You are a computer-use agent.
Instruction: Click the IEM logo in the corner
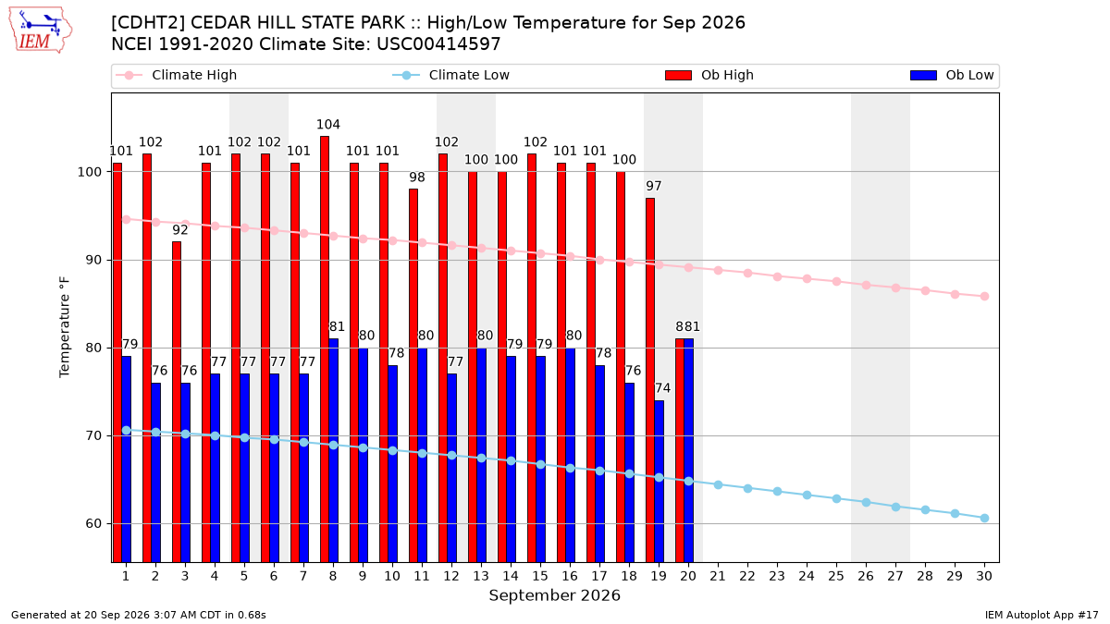(x=40, y=31)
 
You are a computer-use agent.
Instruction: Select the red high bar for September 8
(x=325, y=349)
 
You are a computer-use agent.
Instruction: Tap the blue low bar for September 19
(x=659, y=482)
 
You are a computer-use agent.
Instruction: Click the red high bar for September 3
(x=177, y=401)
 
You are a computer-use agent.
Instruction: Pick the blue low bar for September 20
(x=689, y=451)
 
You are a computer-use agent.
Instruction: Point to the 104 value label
(x=328, y=124)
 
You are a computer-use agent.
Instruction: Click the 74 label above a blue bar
(x=662, y=388)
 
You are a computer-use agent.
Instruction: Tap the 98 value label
(x=417, y=177)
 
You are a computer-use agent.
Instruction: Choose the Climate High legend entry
(x=176, y=75)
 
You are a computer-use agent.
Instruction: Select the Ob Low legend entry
(x=952, y=75)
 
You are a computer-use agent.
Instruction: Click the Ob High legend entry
(x=709, y=75)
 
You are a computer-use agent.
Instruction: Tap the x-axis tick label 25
(x=836, y=576)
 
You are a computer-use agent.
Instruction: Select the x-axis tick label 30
(x=984, y=576)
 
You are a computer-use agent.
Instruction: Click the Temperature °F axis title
(x=65, y=327)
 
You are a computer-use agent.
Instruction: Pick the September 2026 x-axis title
(x=554, y=595)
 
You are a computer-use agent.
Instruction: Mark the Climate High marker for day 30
(x=984, y=297)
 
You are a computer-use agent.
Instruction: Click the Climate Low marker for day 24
(x=807, y=496)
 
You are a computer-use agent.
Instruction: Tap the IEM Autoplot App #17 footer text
(x=1042, y=615)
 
